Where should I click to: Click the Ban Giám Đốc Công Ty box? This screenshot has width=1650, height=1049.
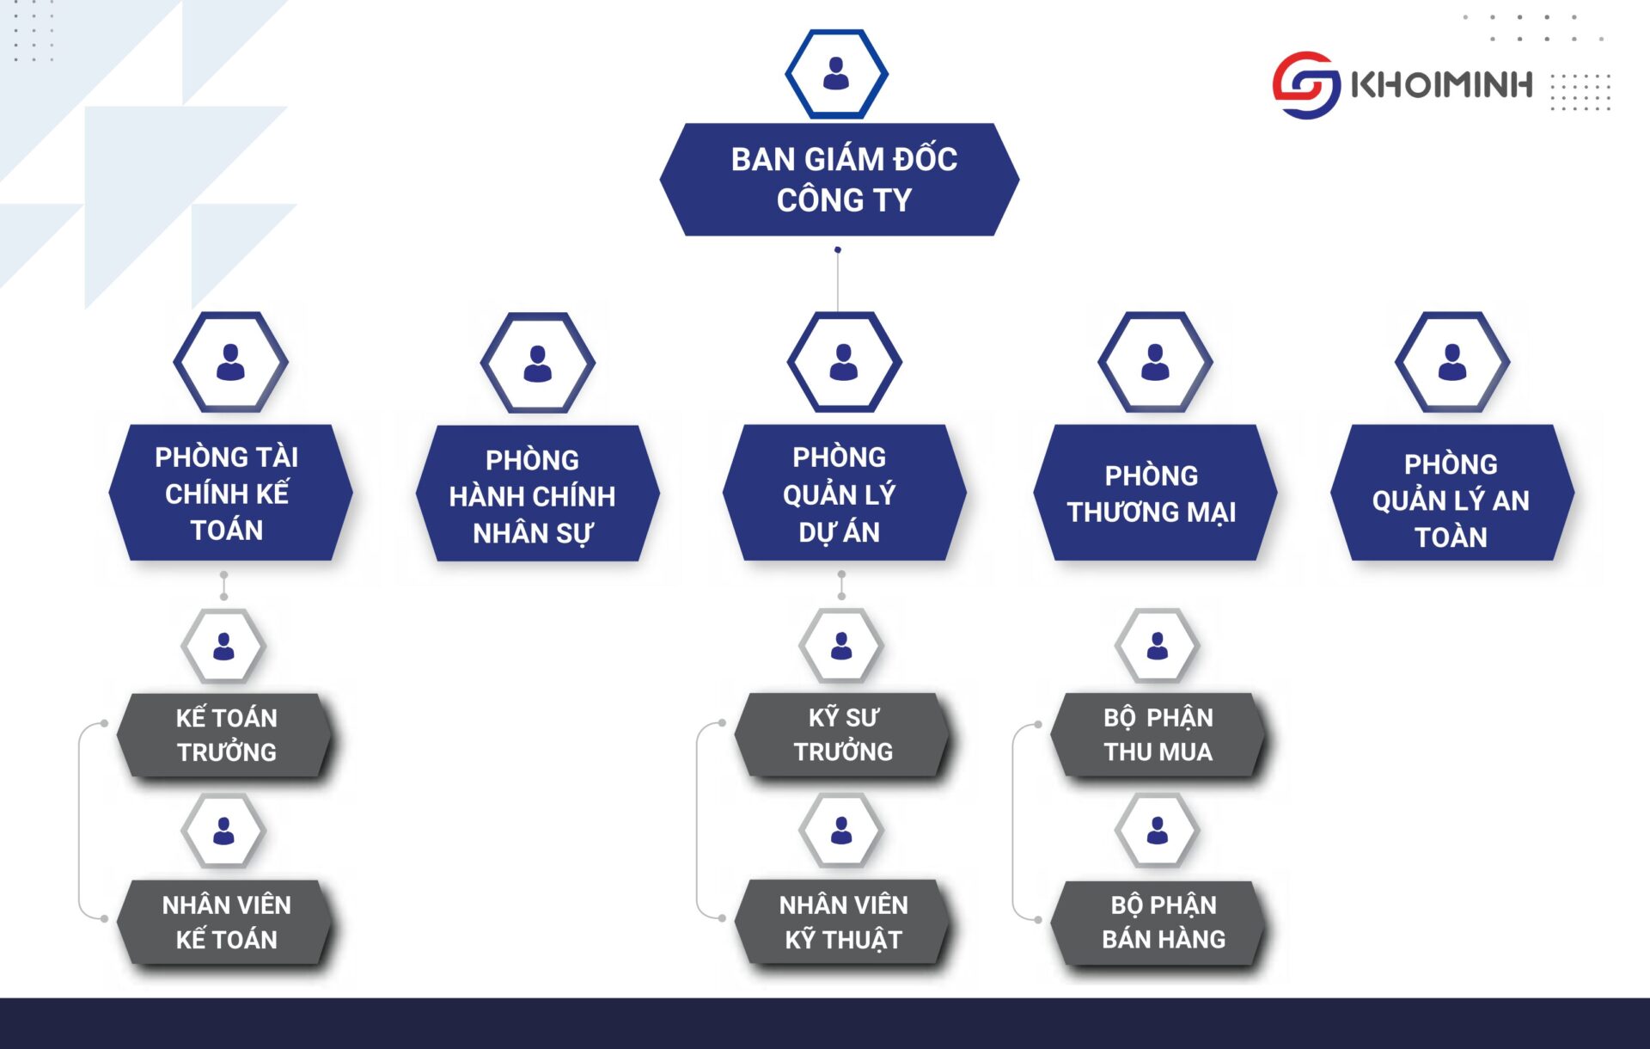(840, 180)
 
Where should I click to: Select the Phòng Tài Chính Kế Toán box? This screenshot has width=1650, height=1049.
(229, 493)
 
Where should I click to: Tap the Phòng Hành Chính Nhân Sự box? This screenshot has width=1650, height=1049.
(535, 494)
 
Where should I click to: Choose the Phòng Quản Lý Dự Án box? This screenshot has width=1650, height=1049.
(842, 493)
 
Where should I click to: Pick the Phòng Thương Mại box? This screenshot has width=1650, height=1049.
(1153, 493)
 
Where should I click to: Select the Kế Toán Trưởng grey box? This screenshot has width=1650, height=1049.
(225, 735)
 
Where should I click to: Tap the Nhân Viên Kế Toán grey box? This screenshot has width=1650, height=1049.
(225, 922)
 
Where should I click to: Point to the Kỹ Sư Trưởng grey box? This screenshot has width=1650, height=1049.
(842, 735)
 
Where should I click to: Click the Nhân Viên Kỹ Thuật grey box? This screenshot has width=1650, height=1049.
(842, 922)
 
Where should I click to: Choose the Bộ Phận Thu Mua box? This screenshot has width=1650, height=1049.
(1158, 735)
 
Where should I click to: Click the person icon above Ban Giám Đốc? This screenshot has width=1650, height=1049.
(836, 74)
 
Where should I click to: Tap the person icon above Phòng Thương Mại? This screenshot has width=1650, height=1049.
(1155, 362)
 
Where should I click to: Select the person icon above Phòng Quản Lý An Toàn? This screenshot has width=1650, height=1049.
(1452, 362)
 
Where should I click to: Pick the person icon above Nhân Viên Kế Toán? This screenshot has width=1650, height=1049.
(223, 831)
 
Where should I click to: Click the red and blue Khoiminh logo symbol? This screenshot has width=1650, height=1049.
(1305, 84)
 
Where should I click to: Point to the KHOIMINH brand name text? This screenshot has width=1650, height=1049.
(1441, 84)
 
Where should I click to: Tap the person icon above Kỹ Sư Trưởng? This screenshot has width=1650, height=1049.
(841, 646)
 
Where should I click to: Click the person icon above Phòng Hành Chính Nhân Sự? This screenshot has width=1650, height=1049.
(538, 363)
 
